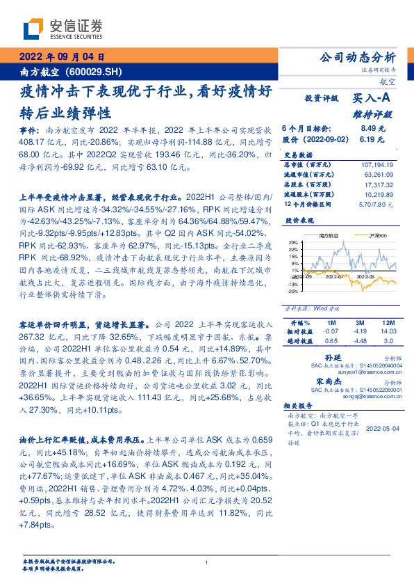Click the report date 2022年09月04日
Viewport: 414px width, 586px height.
click(61, 56)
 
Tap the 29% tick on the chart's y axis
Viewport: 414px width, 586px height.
click(294, 243)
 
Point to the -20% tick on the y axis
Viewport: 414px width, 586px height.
click(293, 292)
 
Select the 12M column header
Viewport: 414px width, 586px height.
click(388, 322)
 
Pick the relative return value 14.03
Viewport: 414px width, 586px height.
click(388, 331)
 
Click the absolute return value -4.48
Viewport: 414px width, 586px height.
click(359, 341)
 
